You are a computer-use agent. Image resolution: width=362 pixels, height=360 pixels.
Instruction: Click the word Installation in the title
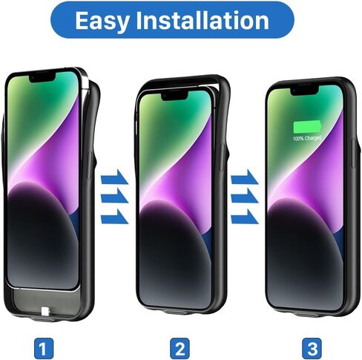click(x=209, y=22)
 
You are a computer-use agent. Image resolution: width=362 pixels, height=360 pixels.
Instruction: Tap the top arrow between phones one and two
click(x=115, y=180)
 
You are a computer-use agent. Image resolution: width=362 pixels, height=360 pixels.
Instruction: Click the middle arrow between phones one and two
click(x=115, y=198)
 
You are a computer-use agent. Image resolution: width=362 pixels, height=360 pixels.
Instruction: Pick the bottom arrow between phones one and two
click(x=115, y=217)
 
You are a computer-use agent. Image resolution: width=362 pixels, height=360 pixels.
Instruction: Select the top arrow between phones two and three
click(x=244, y=180)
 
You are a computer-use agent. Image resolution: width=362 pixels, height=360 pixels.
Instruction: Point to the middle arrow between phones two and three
click(x=244, y=198)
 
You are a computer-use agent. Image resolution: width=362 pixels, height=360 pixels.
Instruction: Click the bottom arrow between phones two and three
click(x=244, y=217)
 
